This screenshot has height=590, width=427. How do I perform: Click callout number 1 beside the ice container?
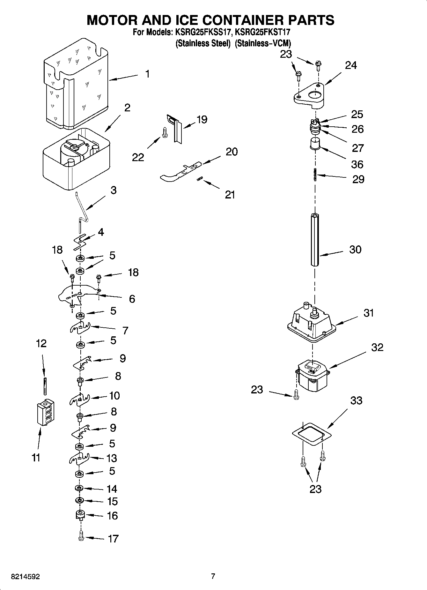pos(147,74)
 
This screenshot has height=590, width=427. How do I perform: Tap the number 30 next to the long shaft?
pos(355,249)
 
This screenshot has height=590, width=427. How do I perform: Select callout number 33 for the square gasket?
pos(356,400)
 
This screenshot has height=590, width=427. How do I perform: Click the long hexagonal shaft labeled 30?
pos(315,239)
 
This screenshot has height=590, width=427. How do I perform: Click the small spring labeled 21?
pos(199,180)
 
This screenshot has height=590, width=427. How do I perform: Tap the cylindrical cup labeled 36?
pos(315,143)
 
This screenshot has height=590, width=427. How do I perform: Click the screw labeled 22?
pos(165,132)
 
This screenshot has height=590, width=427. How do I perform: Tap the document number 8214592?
pos(26,577)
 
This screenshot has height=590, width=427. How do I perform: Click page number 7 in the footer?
pos(213,576)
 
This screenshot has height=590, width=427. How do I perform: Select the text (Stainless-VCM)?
pos(263,43)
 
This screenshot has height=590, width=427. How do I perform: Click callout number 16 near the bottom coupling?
pos(112,516)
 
